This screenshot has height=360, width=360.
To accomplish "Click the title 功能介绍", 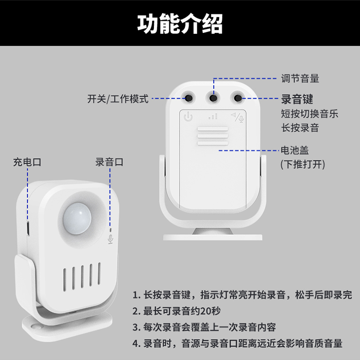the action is pos(180,23).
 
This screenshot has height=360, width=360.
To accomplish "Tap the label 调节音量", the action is pos(300,78).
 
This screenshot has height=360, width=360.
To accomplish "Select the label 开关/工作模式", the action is pos(118,99).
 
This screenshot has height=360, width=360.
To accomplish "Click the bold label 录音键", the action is pos(297,99).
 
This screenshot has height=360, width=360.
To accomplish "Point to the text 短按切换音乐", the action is pos(309,113).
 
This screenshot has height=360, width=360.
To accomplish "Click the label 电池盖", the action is pos(295,150).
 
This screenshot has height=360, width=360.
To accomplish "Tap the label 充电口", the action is pos(27,162).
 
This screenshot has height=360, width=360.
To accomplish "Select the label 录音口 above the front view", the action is pos(109,162).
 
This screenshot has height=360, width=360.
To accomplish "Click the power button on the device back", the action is pos(189,98).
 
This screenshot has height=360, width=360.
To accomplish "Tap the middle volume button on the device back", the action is pos(213,98).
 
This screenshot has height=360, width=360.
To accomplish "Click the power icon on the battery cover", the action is pos(188,116).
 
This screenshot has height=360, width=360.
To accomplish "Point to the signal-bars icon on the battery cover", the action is pos(213,116).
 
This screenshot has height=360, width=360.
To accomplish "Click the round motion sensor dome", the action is pos(77,218).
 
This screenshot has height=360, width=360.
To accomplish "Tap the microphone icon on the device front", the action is pos(110,239).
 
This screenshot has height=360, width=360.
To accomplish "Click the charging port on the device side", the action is pos(28,228).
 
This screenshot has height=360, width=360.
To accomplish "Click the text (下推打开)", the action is pos(303,165).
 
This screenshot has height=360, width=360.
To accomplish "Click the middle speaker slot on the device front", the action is pos(82,277).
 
